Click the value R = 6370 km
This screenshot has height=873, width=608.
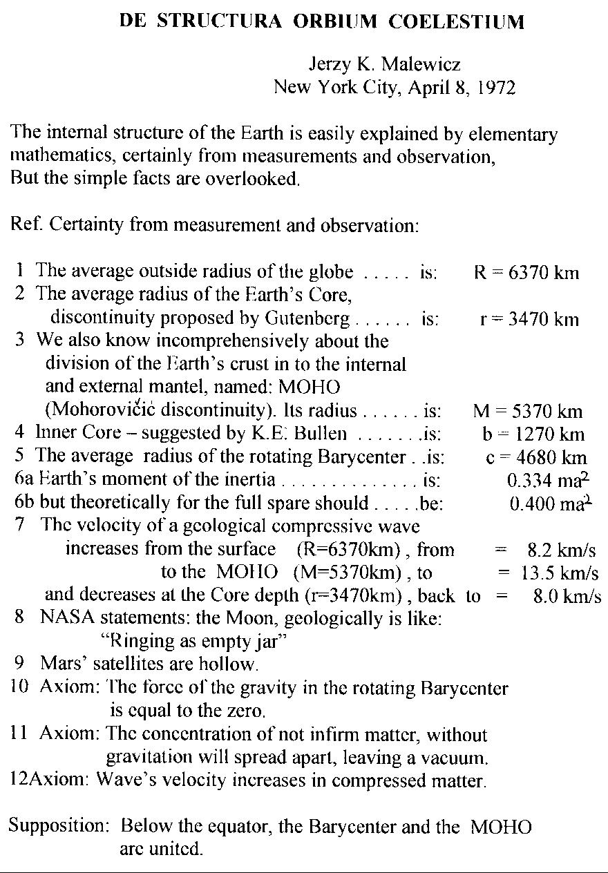coord(526,272)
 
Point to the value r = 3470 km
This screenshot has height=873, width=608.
coord(529,319)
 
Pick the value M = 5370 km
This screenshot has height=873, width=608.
coord(527,412)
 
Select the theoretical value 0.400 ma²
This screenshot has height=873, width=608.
coord(549,503)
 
